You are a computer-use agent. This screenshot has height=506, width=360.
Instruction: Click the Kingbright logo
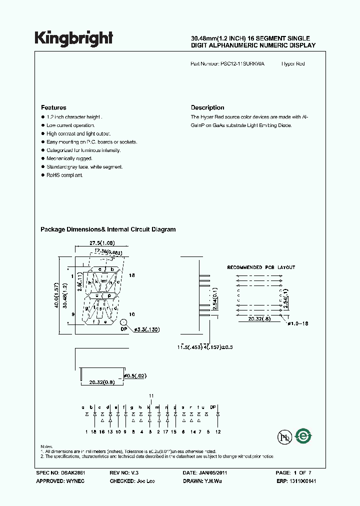[73, 38]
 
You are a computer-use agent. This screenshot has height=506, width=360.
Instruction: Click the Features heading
[53, 107]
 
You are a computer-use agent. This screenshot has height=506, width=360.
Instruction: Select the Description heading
[207, 107]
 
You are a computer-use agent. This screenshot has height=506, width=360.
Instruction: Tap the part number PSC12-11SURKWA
[242, 64]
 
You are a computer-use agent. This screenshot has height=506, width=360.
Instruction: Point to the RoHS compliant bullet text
[64, 175]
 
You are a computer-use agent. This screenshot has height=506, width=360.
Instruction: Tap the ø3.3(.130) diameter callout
[148, 329]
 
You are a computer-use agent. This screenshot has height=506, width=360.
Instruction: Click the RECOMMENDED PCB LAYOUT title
[261, 267]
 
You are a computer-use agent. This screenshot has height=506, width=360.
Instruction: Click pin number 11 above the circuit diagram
[151, 395]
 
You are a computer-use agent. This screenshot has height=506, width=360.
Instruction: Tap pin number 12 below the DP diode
[217, 431]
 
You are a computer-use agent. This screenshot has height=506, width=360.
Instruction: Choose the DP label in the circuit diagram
[213, 407]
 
